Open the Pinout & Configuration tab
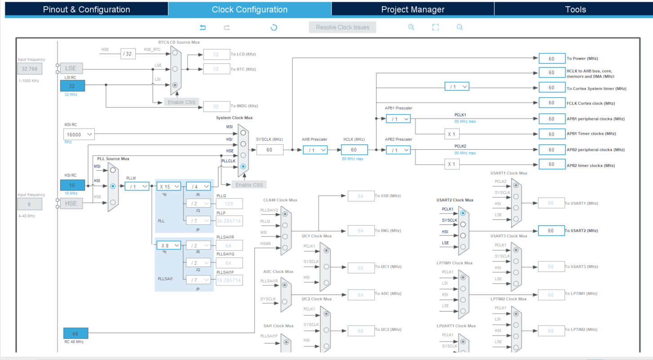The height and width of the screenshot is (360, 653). coord(86,9)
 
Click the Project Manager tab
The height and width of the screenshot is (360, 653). coord(413,9)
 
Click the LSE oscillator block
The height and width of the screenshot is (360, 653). coord(71,68)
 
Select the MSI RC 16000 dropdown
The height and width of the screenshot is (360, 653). coord(79,134)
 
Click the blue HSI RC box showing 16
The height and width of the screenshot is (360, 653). coord(72,185)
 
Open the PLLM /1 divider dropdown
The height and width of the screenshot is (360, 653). coord(137,186)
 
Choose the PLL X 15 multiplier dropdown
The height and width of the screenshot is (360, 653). coord(169,186)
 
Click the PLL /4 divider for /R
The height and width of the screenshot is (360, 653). coord(198,186)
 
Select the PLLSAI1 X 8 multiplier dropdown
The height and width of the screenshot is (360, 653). coord(169,245)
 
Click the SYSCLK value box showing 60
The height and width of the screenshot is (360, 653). coord(270,150)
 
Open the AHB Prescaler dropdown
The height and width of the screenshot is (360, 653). coord(315,150)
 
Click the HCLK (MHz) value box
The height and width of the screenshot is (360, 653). coord(354,150)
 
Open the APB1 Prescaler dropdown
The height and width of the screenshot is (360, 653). coord(398,119)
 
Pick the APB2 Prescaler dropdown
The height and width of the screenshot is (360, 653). coord(398,150)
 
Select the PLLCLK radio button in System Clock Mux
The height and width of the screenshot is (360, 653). coord(243,166)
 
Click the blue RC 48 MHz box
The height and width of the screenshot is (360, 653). coord(76,333)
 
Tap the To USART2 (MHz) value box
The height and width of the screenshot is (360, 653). coord(551,231)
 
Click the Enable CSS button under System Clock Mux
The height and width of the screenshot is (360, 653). coord(249,185)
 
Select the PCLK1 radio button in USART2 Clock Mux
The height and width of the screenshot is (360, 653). coord(463,213)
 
